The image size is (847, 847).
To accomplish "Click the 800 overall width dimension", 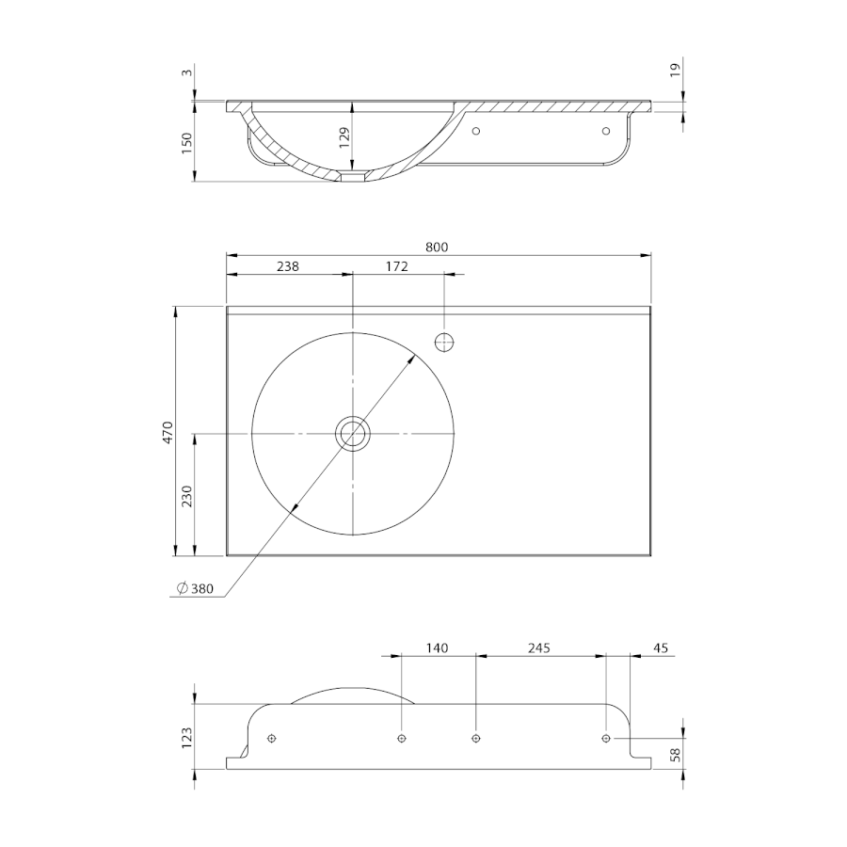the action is [437, 247].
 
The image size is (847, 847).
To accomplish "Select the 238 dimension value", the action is [287, 266].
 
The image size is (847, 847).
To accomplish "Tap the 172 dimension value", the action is [396, 266].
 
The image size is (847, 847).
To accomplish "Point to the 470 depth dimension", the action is [168, 432].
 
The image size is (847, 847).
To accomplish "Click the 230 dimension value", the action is [187, 496].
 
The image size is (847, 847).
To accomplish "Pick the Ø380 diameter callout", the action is [195, 588].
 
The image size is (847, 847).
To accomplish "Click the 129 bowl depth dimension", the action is [344, 137].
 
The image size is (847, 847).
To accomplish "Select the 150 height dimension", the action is [187, 143].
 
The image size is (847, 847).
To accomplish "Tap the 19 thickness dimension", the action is [675, 71].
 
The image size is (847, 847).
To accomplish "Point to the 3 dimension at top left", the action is [187, 72].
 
